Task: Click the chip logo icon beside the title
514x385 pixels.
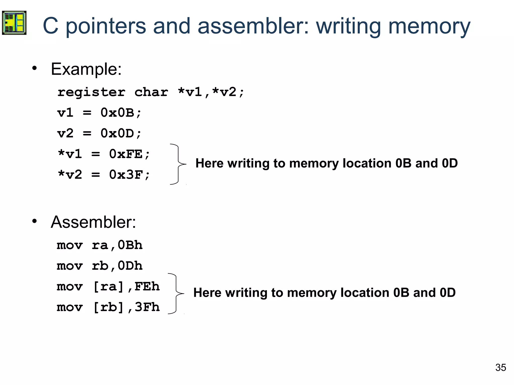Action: coord(14,23)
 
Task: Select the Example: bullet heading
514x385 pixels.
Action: coord(86,69)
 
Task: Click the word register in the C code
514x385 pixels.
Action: coord(91,92)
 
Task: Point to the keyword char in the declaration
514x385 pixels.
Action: coord(151,92)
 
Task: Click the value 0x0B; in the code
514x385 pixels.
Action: coord(121,113)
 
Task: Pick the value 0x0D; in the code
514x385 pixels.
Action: coord(121,133)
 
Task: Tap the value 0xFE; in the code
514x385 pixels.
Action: coord(130,154)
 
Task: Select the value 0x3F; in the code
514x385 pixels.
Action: coord(130,175)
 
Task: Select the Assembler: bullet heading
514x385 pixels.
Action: coord(93,222)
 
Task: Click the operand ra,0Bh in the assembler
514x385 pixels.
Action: coord(117,245)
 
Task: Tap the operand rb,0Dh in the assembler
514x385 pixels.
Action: coord(117,266)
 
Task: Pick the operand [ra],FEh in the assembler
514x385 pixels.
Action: coord(126,286)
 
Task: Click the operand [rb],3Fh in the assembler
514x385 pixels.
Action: coord(126,307)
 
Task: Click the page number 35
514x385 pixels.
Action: coord(500,367)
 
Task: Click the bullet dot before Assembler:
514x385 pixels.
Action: coord(35,221)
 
